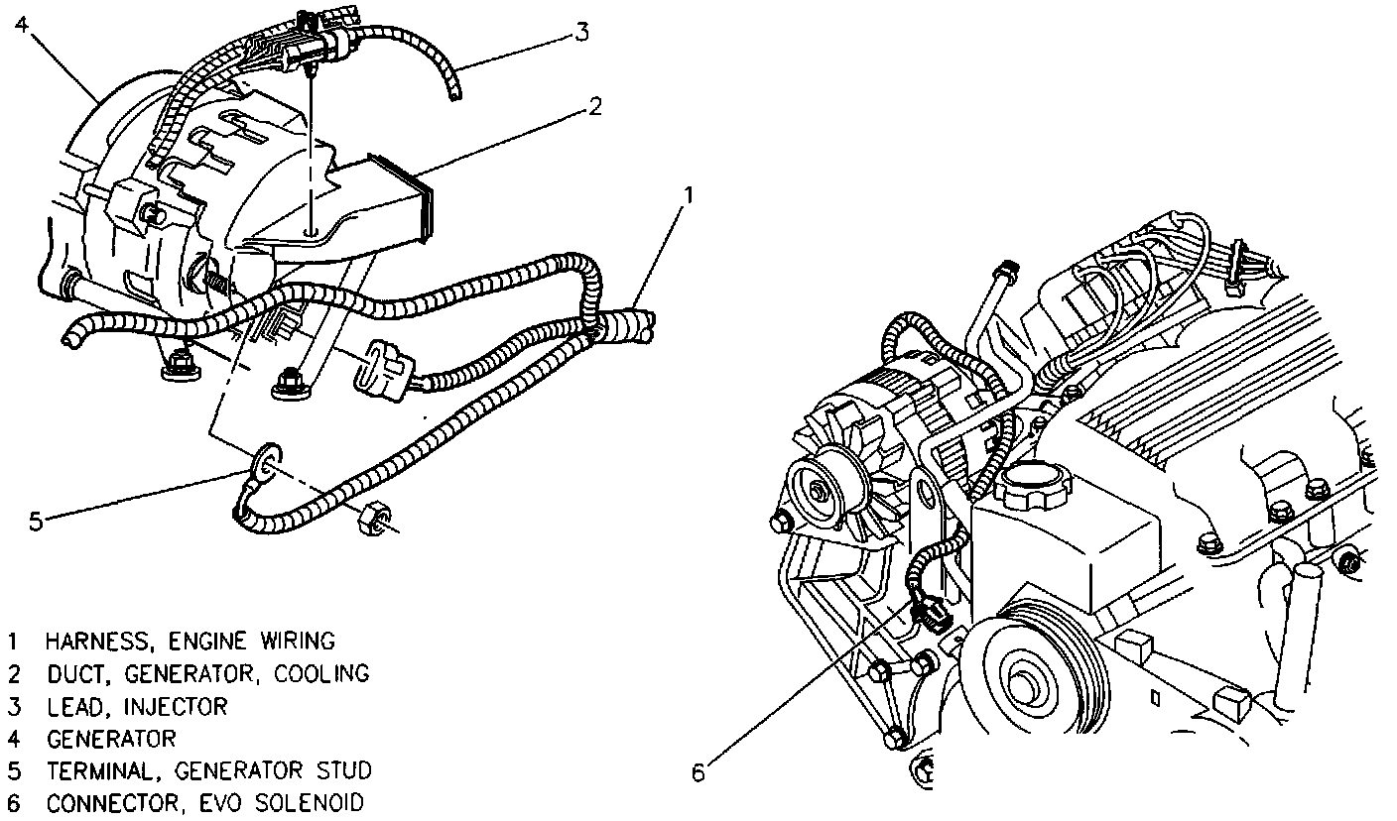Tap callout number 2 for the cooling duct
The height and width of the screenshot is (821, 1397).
tap(594, 107)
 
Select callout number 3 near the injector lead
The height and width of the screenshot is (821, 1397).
tap(581, 33)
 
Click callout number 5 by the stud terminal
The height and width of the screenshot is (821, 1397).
tap(36, 521)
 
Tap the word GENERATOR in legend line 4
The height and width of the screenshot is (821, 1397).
tap(111, 739)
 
